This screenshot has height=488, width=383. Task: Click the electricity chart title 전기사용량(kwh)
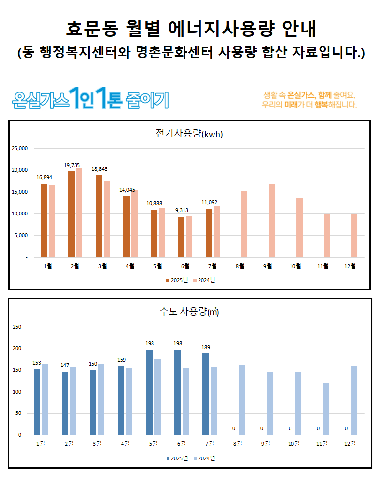[189, 134]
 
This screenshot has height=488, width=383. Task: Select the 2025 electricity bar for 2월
[71, 214]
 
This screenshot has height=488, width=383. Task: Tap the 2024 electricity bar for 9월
[272, 220]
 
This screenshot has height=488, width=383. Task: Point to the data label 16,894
[45, 177]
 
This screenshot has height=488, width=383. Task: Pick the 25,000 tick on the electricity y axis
[20, 148]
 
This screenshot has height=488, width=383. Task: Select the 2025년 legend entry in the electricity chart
[177, 280]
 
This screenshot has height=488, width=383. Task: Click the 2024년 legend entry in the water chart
[204, 458]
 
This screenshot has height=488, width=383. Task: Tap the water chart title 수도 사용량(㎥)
[189, 312]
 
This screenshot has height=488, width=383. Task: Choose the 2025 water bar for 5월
[149, 392]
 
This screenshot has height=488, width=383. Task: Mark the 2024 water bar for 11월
[326, 409]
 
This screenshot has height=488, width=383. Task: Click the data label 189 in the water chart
[206, 347]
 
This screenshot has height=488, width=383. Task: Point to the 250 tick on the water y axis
[17, 327]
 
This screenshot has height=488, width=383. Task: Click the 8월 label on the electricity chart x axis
[241, 265]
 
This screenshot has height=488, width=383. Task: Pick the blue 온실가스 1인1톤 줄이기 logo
[91, 98]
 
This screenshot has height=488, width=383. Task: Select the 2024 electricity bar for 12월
[354, 235]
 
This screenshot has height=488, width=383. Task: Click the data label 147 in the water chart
[65, 365]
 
